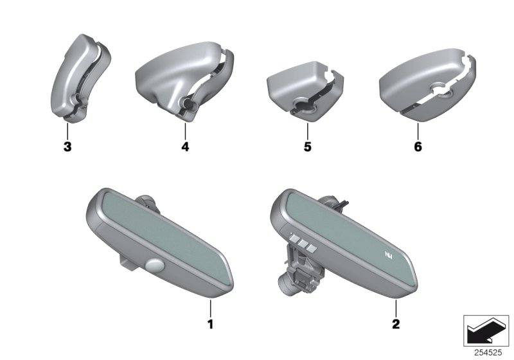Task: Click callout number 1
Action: coord(211,324)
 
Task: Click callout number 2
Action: coord(396,324)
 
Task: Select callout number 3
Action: coord(67,147)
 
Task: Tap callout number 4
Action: coord(185,147)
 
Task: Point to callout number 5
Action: coord(307,147)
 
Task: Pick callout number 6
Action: coord(418,147)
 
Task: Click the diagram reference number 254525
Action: coord(488,353)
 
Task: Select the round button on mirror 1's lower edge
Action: coord(154,265)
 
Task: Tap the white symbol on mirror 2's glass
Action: coord(388,255)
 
